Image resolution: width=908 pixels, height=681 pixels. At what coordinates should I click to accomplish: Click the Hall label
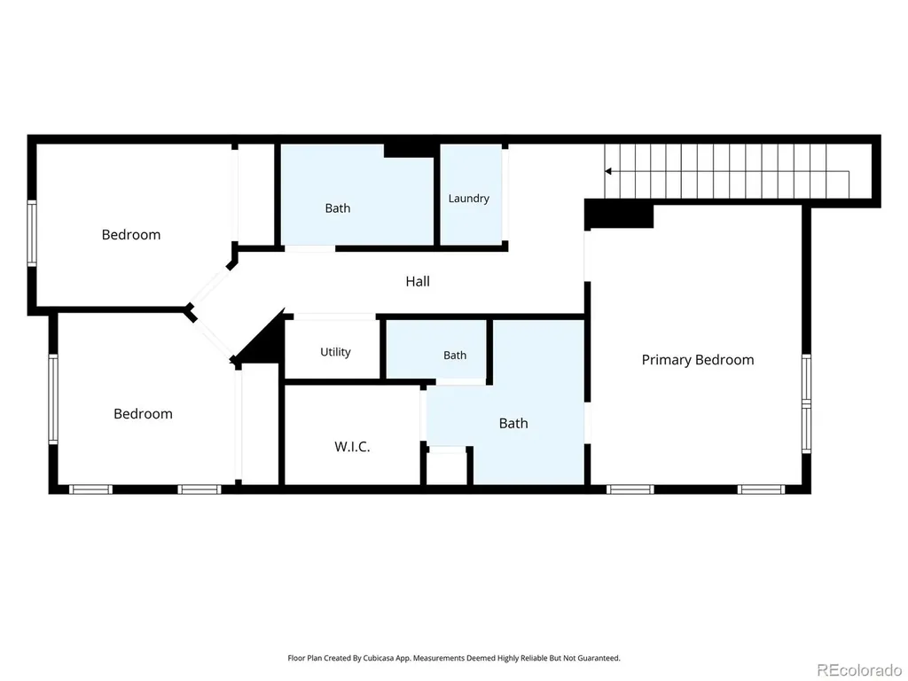point(418,281)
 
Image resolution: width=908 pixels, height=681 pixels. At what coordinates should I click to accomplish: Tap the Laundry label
point(468,199)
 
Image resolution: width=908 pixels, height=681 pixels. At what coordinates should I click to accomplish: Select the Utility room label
point(335,352)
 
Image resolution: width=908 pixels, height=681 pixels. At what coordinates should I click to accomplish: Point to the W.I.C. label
point(352,447)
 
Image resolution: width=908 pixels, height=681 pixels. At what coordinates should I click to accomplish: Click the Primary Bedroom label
point(698,360)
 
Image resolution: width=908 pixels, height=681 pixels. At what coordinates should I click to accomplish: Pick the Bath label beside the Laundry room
point(338,207)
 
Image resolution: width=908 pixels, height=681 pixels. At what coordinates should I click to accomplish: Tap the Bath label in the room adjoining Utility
point(455,355)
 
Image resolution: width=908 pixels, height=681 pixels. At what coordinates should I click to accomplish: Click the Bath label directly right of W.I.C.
point(513,423)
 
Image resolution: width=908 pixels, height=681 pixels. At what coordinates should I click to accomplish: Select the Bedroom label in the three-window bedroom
point(143,413)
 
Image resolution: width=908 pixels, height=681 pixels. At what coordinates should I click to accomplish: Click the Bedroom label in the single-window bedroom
point(131,234)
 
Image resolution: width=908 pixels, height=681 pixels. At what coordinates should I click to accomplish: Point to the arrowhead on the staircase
point(608,171)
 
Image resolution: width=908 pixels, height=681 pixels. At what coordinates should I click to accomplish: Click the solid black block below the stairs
point(619,214)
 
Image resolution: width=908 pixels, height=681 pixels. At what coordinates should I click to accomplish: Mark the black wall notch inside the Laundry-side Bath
point(408,151)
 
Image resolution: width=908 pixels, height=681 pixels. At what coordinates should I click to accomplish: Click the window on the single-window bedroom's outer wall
point(32,233)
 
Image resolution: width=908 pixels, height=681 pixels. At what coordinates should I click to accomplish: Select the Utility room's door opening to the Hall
point(334,317)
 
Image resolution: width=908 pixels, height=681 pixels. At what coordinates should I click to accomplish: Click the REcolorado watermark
point(858,670)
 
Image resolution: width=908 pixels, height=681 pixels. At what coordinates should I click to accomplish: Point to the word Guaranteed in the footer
point(600,658)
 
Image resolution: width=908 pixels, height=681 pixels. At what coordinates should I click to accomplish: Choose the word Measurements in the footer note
point(438,658)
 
